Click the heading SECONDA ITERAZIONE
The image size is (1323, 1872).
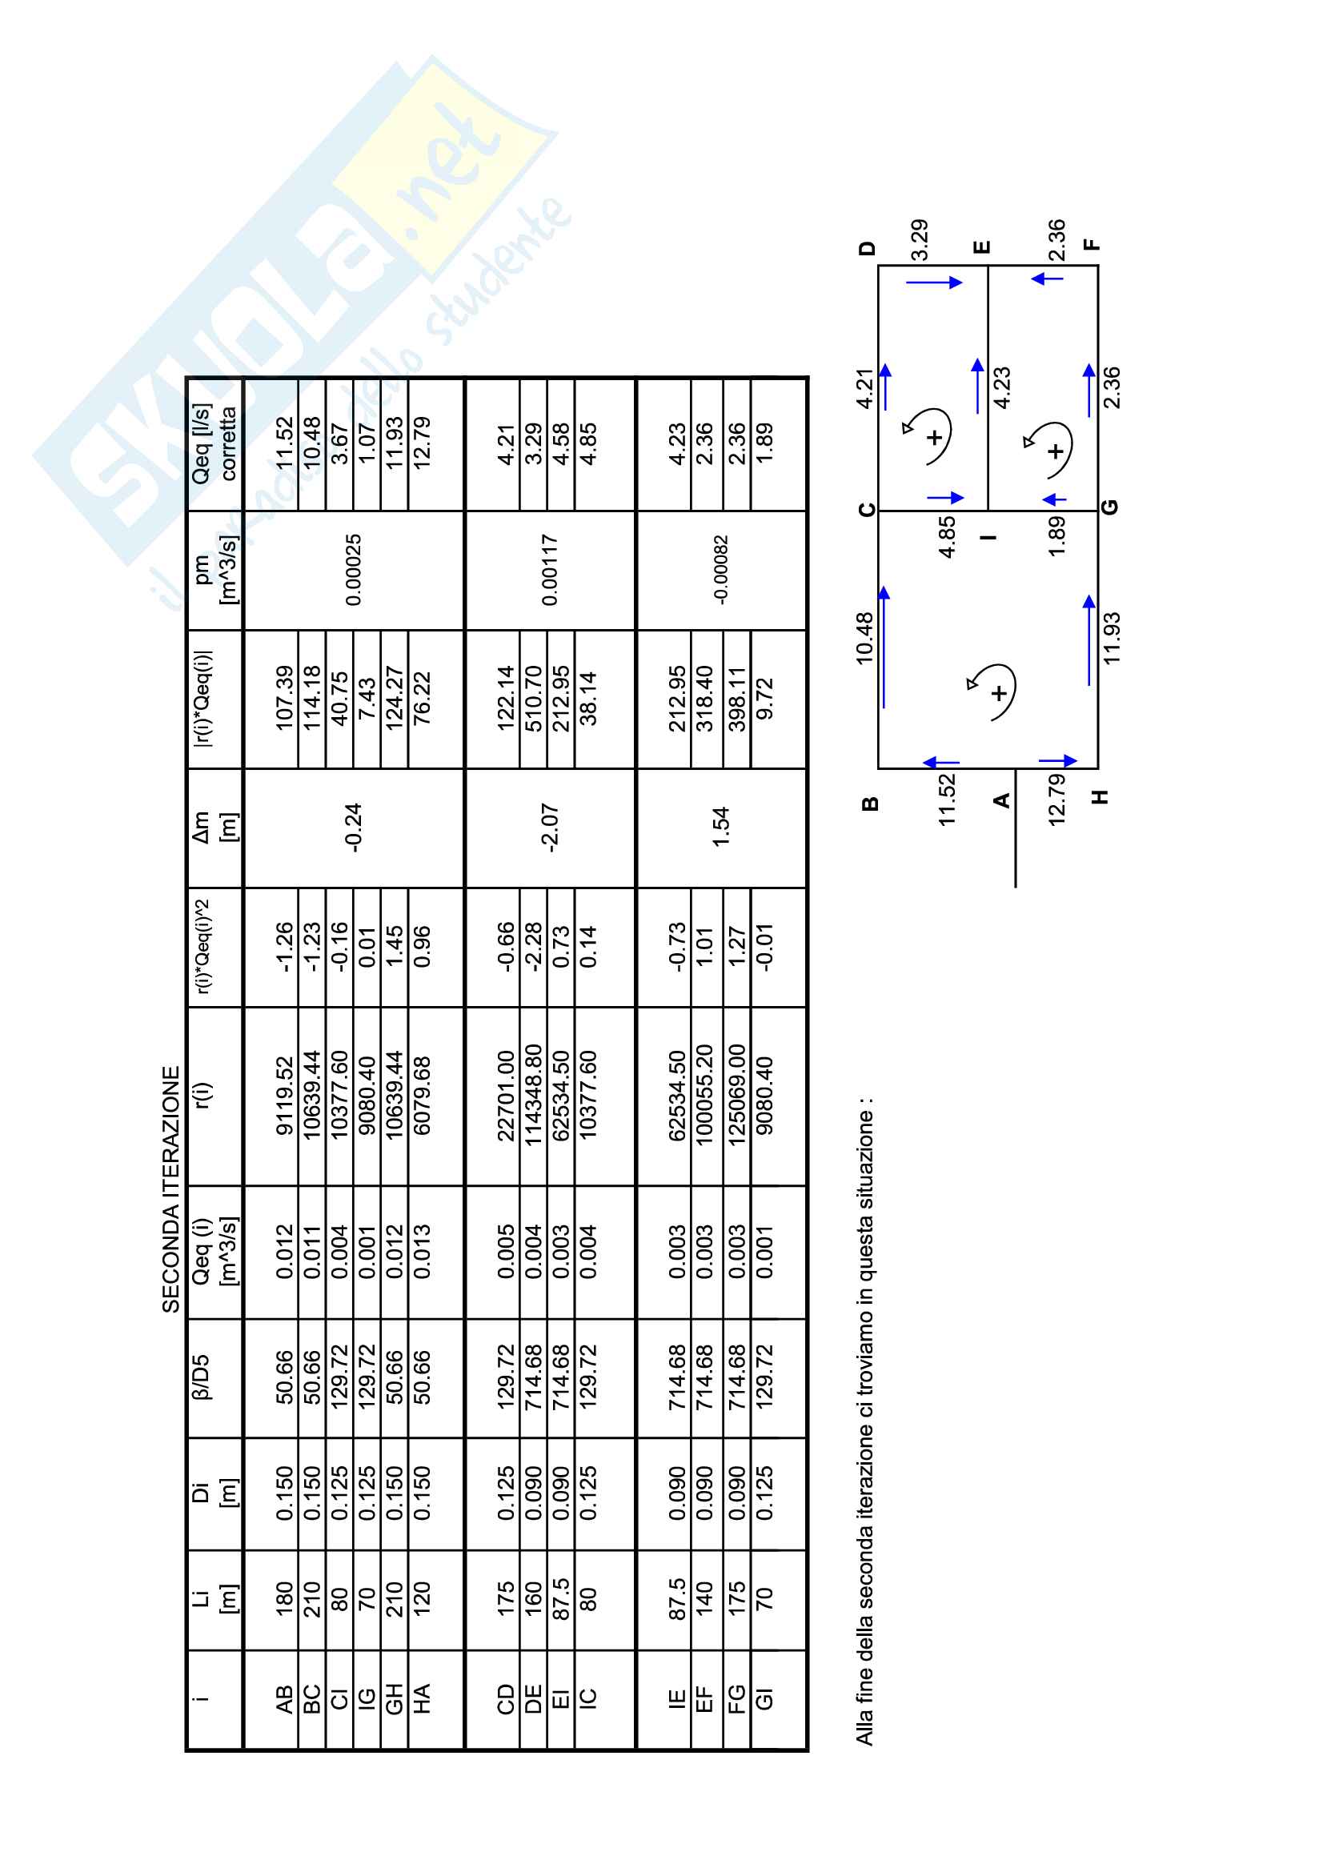(x=170, y=1189)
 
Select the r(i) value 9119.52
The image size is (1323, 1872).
(x=283, y=1096)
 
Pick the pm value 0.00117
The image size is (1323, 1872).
(x=550, y=570)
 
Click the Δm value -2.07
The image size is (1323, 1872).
(x=550, y=828)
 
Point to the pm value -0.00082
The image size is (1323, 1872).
(x=720, y=570)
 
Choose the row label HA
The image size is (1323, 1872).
(x=422, y=1700)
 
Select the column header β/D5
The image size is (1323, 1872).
(x=201, y=1377)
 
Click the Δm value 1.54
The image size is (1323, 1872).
(x=720, y=828)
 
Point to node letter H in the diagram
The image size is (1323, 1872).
(x=1100, y=796)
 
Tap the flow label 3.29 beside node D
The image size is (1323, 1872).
(x=920, y=240)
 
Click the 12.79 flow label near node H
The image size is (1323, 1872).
(x=1056, y=800)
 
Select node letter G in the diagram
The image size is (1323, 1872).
(x=1109, y=507)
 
